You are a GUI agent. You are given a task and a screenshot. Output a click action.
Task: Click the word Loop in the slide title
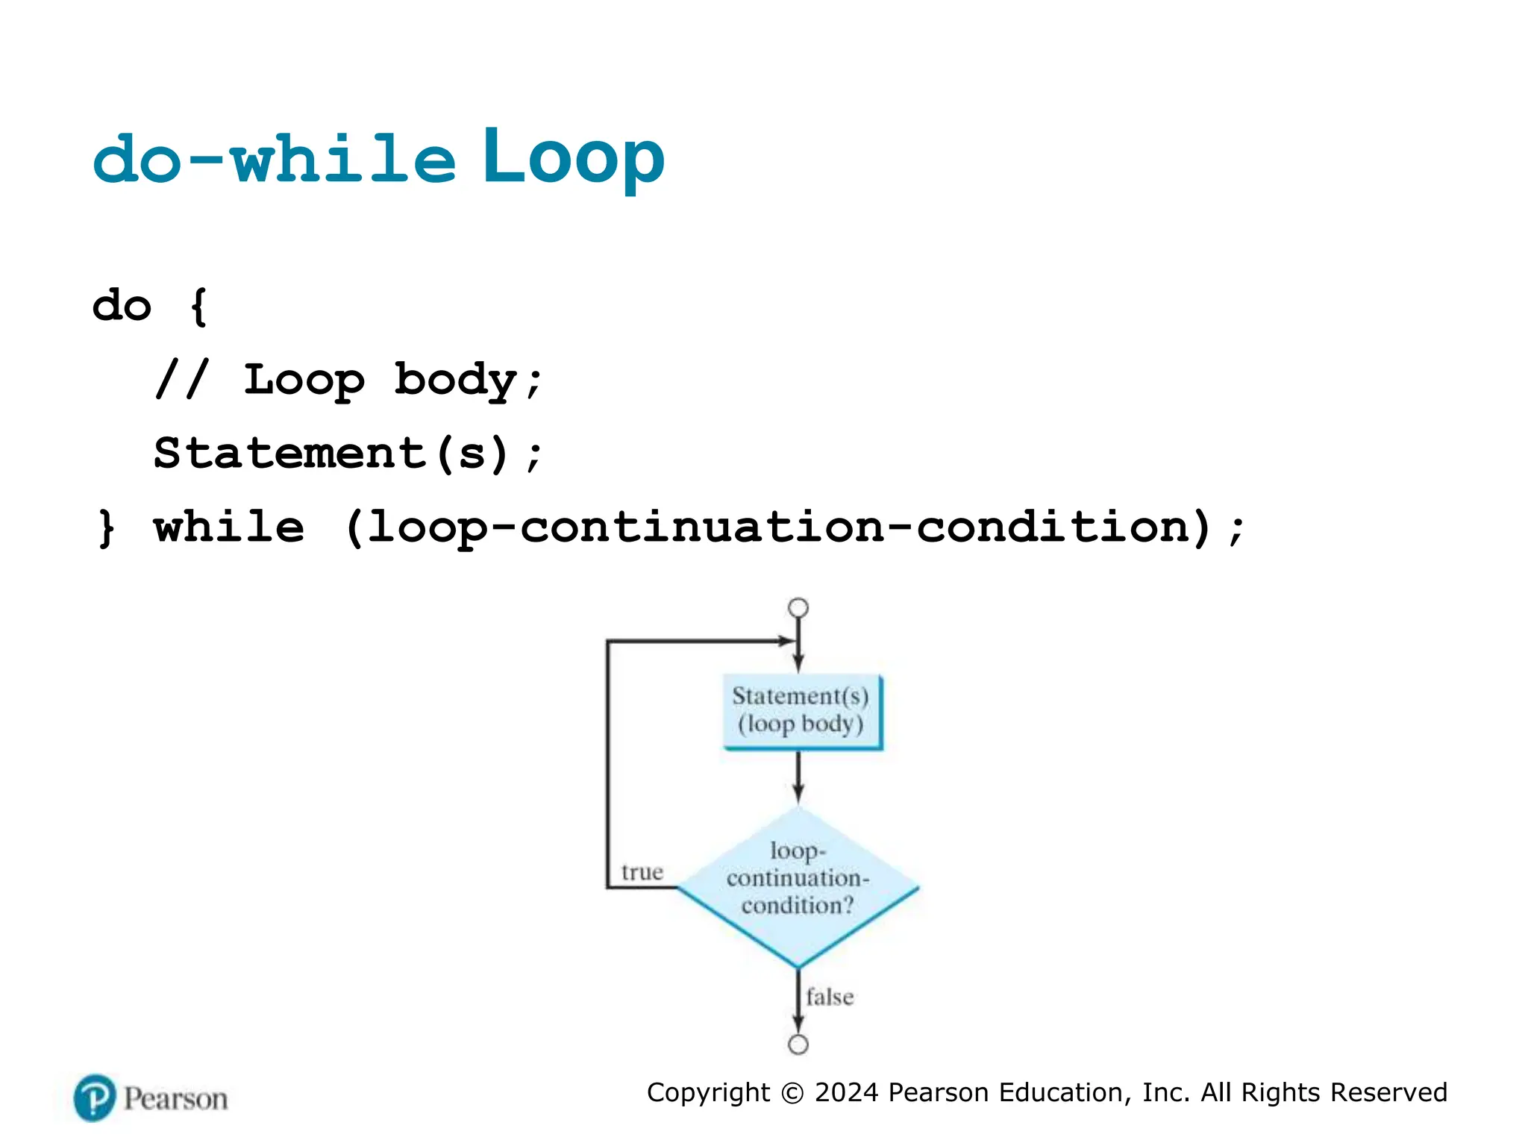[573, 157]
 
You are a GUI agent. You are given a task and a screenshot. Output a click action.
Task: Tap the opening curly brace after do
[198, 306]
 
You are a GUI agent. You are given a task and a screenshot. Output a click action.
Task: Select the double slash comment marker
[182, 379]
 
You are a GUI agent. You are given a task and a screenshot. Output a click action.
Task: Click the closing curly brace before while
[107, 527]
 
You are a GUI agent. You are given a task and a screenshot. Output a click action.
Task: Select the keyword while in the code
[229, 527]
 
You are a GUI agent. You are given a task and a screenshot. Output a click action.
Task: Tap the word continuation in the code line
[702, 527]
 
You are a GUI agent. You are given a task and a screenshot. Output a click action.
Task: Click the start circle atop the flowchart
[798, 608]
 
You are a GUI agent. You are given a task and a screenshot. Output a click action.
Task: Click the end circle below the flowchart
[798, 1045]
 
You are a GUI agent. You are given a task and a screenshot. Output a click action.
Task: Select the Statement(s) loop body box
[801, 711]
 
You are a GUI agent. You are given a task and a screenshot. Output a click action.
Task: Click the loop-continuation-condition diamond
[798, 888]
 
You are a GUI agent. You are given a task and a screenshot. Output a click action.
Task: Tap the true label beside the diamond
[642, 872]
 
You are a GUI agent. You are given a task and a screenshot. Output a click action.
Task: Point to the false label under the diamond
[829, 998]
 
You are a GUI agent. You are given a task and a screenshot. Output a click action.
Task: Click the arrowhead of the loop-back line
[787, 641]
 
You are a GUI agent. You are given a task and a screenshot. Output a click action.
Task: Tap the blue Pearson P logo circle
[95, 1098]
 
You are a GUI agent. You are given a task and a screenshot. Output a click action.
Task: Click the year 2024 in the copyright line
[846, 1092]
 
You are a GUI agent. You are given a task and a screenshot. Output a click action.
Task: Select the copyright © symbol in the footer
[792, 1093]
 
